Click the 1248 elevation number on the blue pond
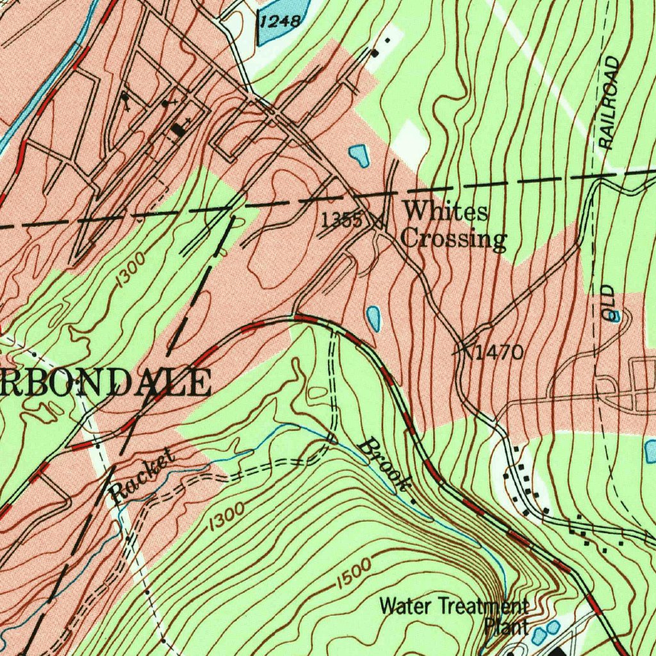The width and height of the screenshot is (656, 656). (281, 22)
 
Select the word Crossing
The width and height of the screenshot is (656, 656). (454, 239)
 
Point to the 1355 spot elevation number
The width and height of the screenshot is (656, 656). (341, 220)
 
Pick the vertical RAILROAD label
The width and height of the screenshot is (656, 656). (611, 102)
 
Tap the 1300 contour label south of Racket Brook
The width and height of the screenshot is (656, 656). (225, 516)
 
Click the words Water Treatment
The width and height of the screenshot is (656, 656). (454, 605)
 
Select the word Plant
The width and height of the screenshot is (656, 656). (506, 626)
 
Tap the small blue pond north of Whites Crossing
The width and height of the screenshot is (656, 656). (359, 155)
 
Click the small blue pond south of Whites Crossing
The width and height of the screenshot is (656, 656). (373, 316)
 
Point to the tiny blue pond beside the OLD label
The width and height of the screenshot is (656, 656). (615, 316)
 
